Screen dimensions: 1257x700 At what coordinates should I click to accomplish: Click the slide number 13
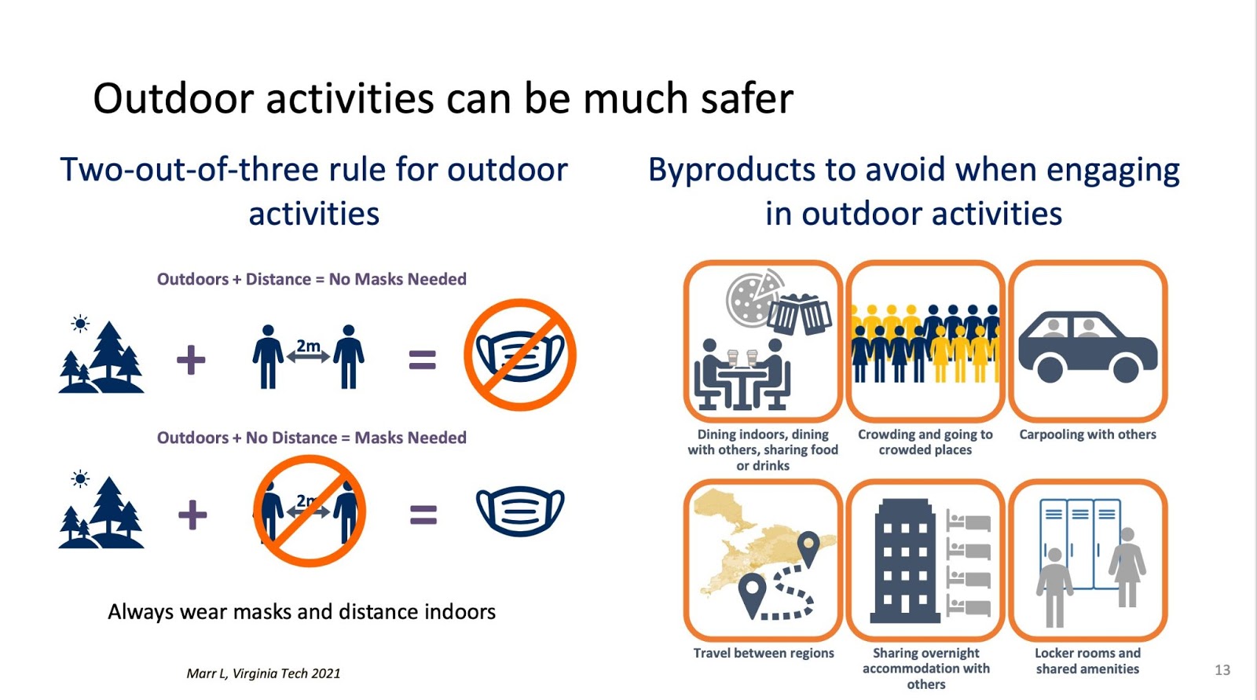[1222, 670]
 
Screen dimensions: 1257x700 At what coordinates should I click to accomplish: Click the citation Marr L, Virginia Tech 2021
[263, 673]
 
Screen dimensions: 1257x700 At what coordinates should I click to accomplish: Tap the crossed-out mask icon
[520, 355]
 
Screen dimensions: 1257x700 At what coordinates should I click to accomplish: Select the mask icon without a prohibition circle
[520, 511]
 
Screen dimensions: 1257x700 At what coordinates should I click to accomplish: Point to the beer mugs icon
[799, 313]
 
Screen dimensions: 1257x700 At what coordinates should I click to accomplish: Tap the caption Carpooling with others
[1087, 434]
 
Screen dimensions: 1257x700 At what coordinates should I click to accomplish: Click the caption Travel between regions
[763, 653]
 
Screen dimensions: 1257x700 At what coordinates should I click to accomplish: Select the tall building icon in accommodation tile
[904, 561]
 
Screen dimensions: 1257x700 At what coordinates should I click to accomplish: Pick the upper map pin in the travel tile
[808, 548]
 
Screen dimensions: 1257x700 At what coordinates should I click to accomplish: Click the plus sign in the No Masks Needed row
[191, 360]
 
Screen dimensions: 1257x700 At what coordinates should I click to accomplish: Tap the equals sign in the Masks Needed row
[423, 515]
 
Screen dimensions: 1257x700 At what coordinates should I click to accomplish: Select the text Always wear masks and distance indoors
[302, 612]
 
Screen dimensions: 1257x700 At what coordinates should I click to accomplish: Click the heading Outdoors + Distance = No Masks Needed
[311, 279]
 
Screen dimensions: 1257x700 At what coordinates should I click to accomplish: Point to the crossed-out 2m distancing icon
[310, 511]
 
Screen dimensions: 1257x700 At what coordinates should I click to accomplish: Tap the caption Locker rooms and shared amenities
[1087, 661]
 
